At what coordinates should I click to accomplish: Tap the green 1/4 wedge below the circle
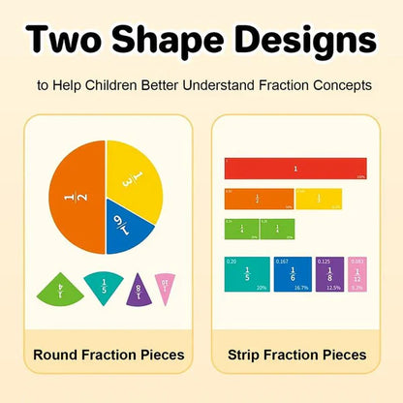(61, 288)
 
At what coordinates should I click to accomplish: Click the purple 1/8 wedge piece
(139, 289)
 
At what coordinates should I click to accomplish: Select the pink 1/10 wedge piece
(166, 285)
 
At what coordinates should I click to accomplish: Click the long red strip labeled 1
(294, 168)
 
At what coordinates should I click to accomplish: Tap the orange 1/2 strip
(259, 199)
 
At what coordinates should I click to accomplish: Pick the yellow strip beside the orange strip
(319, 199)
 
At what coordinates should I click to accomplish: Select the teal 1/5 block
(246, 274)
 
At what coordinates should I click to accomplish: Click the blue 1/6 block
(293, 274)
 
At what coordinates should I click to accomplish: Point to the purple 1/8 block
(329, 274)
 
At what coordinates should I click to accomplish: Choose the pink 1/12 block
(356, 274)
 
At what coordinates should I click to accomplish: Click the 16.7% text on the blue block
(301, 288)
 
